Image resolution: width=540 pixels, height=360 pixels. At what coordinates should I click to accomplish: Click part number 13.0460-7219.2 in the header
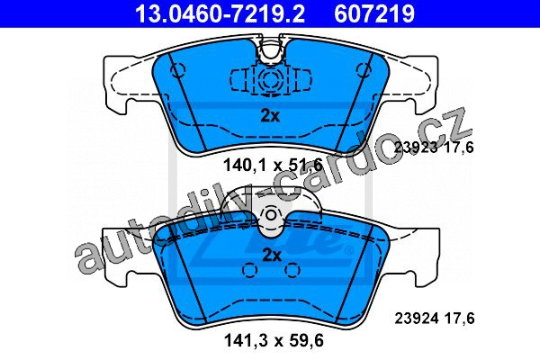220,13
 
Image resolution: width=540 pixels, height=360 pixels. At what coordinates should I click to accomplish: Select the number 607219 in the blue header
374,13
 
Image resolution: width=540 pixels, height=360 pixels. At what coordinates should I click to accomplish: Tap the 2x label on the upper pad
270,116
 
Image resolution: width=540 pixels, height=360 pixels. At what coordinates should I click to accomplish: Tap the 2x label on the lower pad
272,256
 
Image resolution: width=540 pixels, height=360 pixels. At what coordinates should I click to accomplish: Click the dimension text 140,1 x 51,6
273,165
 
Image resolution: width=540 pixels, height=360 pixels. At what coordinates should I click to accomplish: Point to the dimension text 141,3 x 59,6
274,341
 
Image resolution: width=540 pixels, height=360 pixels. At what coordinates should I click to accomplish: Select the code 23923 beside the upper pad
416,148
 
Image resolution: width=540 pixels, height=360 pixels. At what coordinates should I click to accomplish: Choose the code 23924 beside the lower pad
417,318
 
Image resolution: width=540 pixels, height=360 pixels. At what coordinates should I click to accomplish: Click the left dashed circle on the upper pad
177,70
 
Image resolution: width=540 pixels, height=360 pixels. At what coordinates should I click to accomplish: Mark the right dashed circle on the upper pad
364,70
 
